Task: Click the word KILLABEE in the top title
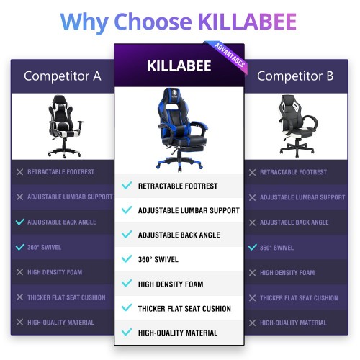[x=248, y=22]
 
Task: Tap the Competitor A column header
[x=63, y=76]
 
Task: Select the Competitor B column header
[x=295, y=76]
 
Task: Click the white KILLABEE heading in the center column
[x=179, y=66]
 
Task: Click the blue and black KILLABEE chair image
[x=180, y=130]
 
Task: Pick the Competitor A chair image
[x=66, y=126]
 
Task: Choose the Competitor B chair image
[x=297, y=125]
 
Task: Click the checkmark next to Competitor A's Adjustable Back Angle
[x=20, y=222]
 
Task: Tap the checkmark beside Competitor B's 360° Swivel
[x=253, y=247]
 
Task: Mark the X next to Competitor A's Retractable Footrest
[x=19, y=172]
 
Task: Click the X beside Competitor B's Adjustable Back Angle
[x=252, y=222]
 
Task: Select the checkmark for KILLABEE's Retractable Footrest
[x=127, y=186]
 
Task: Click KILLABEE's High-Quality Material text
[x=178, y=333]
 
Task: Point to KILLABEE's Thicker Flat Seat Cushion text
[x=184, y=308]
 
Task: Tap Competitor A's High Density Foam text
[x=55, y=272]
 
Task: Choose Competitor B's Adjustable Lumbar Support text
[x=302, y=197]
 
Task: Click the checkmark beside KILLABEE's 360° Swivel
[x=127, y=258]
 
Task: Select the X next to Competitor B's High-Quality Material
[x=252, y=323]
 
